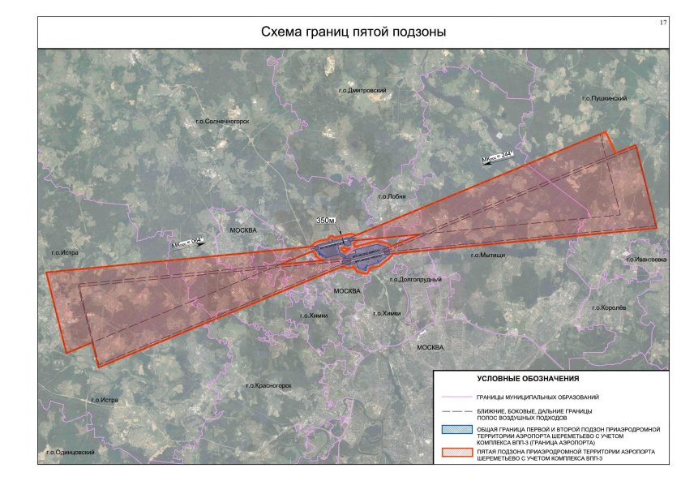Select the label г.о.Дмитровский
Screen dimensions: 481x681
362,91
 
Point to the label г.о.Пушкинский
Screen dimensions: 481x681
605,98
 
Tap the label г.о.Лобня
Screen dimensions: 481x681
391,196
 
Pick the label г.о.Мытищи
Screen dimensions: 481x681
487,255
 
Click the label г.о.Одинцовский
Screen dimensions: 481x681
72,452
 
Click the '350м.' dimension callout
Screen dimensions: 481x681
328,221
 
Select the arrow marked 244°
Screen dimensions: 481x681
498,159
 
